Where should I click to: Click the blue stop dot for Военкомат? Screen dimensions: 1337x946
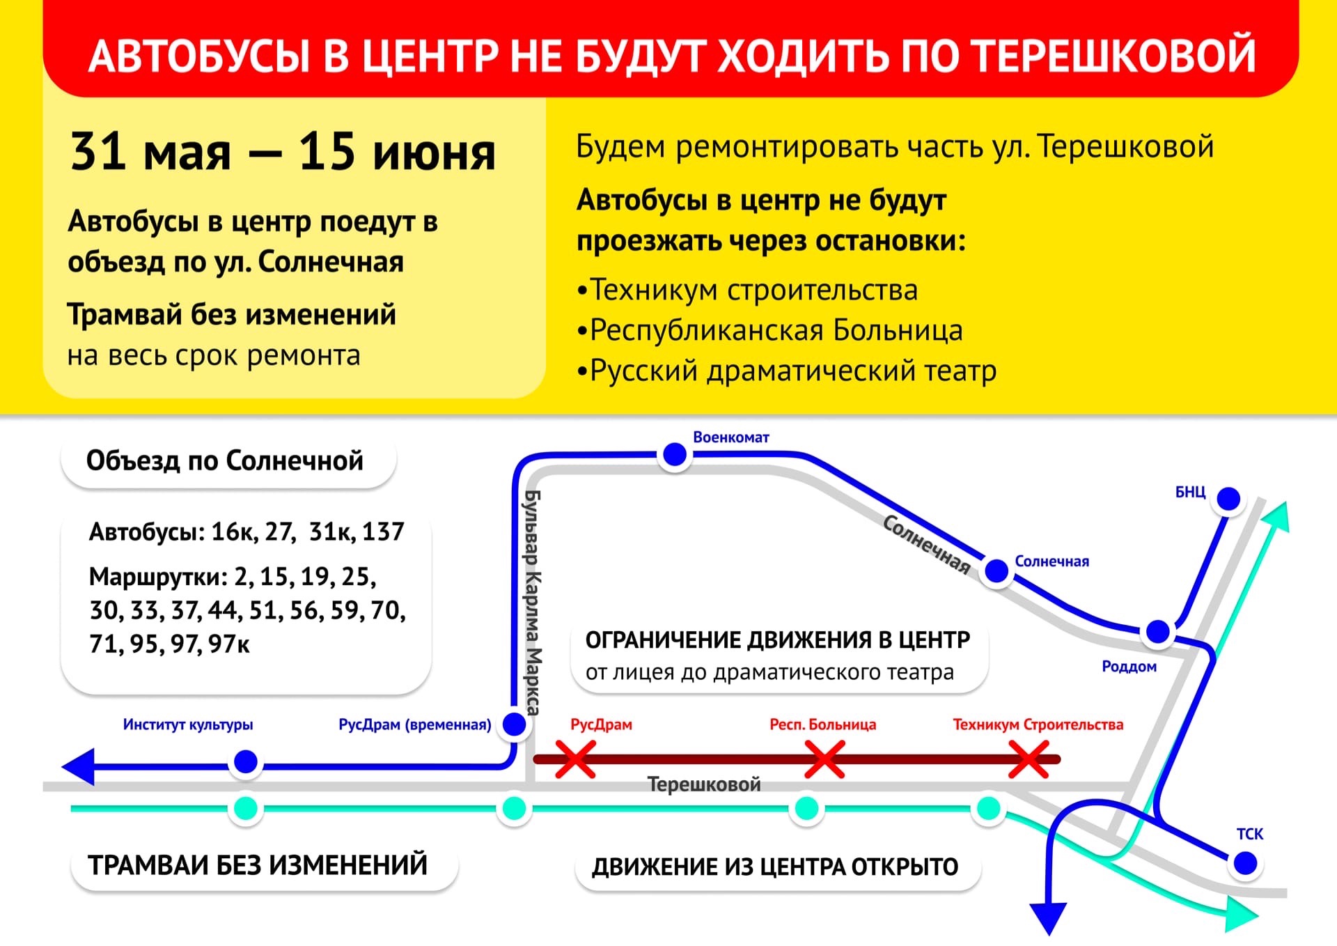tap(674, 454)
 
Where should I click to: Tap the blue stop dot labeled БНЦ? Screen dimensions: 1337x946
tap(1228, 499)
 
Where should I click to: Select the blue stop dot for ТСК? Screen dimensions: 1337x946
tap(1245, 864)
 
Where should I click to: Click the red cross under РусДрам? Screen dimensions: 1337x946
tap(575, 759)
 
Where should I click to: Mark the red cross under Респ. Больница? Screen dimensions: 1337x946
tap(824, 759)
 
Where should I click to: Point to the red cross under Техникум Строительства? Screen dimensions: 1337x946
tap(1029, 759)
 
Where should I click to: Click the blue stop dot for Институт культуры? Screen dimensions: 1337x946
tap(245, 761)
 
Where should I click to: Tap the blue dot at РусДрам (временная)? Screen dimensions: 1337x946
tap(514, 724)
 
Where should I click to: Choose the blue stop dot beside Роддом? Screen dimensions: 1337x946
tap(1157, 632)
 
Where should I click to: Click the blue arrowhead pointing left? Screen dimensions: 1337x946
tap(78, 766)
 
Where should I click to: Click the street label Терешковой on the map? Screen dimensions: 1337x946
tap(704, 784)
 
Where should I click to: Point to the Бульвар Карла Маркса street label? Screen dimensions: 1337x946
tap(532, 603)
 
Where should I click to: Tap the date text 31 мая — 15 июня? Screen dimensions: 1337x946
tap(283, 151)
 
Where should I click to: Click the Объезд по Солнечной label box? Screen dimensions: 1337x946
tap(228, 461)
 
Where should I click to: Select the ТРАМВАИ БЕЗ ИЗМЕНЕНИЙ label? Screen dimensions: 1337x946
tap(264, 864)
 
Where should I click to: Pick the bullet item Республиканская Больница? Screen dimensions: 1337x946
tap(770, 330)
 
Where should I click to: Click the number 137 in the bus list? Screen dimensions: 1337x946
tap(382, 532)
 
